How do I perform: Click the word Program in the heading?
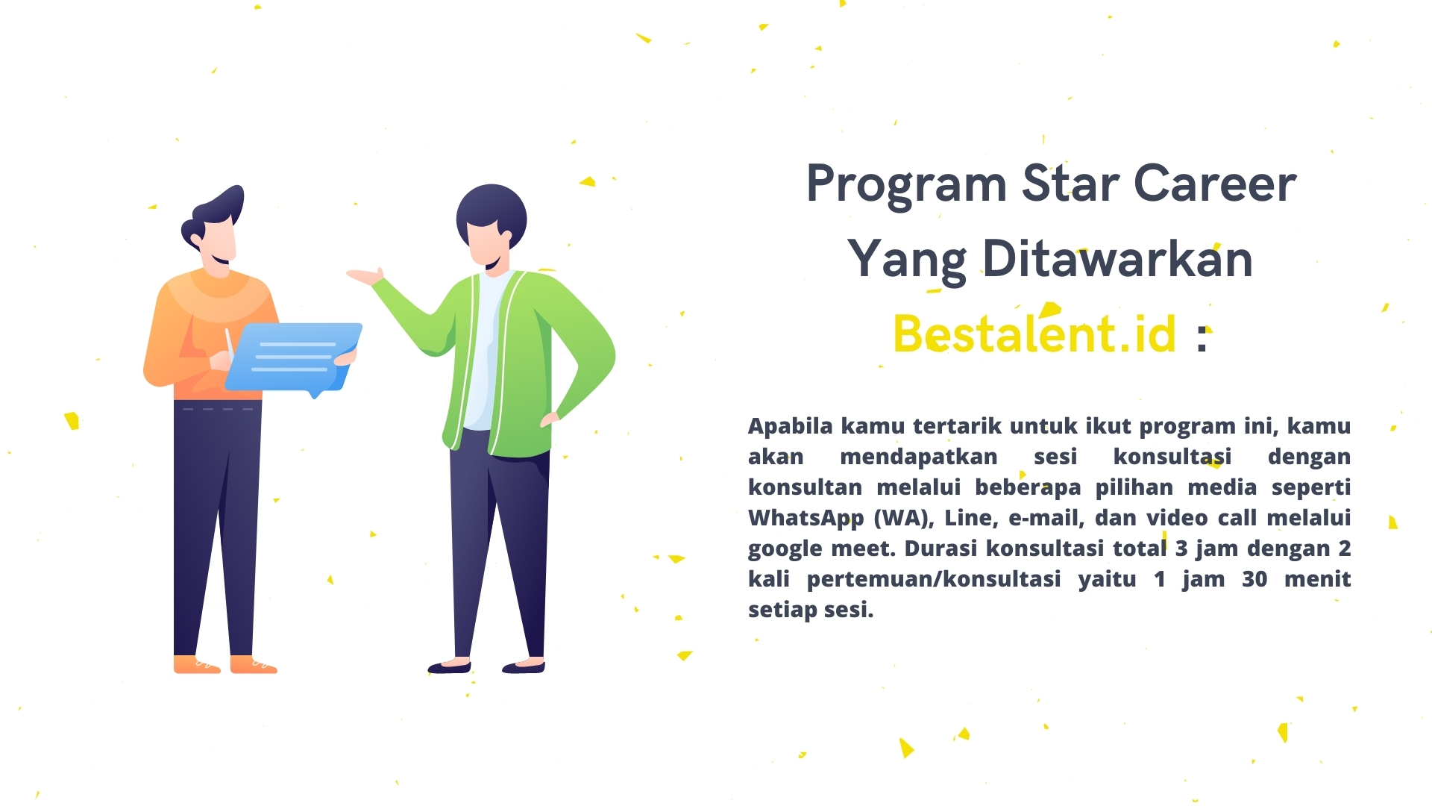[x=906, y=185]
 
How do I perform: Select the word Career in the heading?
[x=1216, y=184]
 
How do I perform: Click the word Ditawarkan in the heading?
[x=1117, y=258]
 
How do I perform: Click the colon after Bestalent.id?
[x=1202, y=339]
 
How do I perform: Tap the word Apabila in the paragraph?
[x=791, y=426]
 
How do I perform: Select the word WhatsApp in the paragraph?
[x=806, y=519]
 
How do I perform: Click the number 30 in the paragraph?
[x=1254, y=579]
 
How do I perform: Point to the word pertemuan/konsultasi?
[x=934, y=579]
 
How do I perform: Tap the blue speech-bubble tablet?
[x=294, y=358]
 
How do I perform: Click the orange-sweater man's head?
[x=213, y=228]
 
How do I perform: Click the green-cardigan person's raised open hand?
[x=365, y=277]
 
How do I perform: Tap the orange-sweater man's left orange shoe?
[x=197, y=664]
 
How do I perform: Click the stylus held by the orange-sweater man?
[x=230, y=343]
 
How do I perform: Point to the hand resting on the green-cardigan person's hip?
[x=550, y=419]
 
